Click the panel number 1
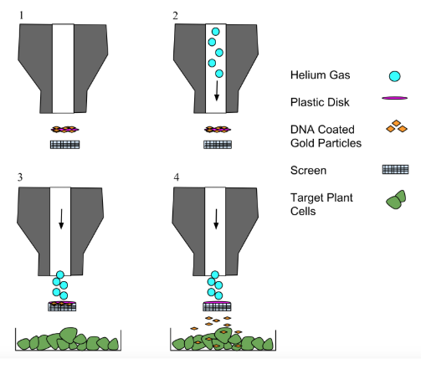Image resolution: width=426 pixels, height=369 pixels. pyautogui.click(x=22, y=16)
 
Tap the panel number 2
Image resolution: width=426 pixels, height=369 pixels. pyautogui.click(x=175, y=16)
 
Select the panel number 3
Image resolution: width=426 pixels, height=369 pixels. pyautogui.click(x=20, y=177)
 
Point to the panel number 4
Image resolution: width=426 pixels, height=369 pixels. pyautogui.click(x=177, y=177)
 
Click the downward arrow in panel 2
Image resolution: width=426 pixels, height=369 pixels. pyautogui.click(x=217, y=91)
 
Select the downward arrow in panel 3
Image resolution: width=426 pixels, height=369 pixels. pyautogui.click(x=61, y=219)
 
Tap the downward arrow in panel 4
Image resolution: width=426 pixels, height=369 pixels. pyautogui.click(x=216, y=219)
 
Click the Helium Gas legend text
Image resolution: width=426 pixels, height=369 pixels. pyautogui.click(x=320, y=75)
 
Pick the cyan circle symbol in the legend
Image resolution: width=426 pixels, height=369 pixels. pyautogui.click(x=395, y=76)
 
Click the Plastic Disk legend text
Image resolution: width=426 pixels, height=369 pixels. pyautogui.click(x=320, y=102)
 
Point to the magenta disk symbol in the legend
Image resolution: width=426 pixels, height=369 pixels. pyautogui.click(x=395, y=98)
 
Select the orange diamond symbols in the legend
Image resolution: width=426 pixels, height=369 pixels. pyautogui.click(x=397, y=126)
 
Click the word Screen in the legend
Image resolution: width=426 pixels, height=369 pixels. pyautogui.click(x=308, y=171)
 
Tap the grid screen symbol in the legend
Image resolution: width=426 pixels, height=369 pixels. pyautogui.click(x=395, y=169)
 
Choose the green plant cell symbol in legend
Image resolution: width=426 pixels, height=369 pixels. pyautogui.click(x=396, y=200)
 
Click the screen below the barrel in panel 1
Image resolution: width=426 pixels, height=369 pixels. pyautogui.click(x=64, y=145)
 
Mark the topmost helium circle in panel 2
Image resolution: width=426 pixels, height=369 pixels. pyautogui.click(x=215, y=32)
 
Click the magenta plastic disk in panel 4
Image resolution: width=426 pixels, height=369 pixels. pyautogui.click(x=217, y=302)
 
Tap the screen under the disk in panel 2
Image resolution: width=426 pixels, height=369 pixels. pyautogui.click(x=218, y=145)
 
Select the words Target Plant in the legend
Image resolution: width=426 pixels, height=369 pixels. pyautogui.click(x=321, y=197)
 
